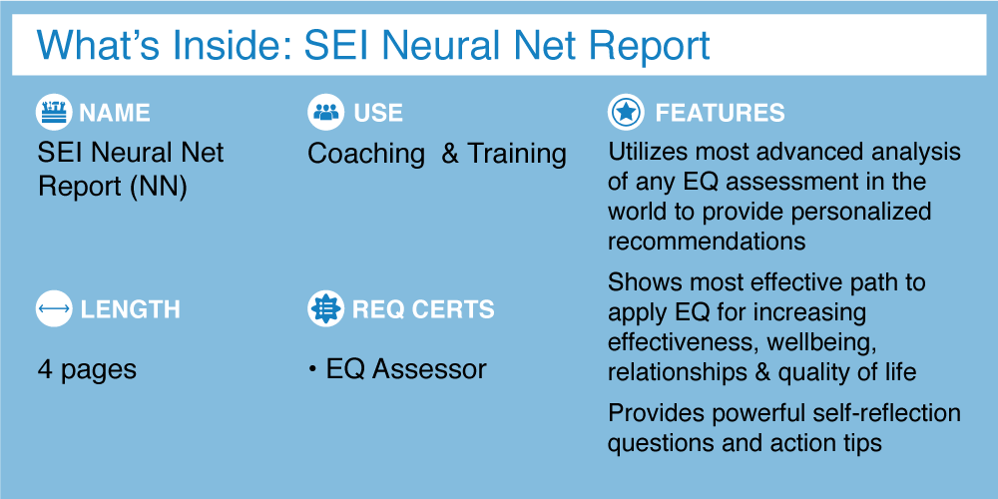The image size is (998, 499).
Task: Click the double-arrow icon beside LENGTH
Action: (x=54, y=308)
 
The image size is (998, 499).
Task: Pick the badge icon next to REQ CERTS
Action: (x=326, y=308)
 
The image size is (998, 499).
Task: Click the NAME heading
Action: (x=115, y=114)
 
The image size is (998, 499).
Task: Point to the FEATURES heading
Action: (x=720, y=114)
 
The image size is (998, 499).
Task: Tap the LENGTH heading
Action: (x=130, y=310)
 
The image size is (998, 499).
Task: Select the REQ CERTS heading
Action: (x=423, y=310)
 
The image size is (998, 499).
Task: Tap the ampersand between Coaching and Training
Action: (x=450, y=154)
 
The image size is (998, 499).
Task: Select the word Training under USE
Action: (x=516, y=155)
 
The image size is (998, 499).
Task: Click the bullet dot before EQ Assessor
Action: (x=312, y=370)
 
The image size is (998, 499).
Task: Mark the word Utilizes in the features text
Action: (x=644, y=153)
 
